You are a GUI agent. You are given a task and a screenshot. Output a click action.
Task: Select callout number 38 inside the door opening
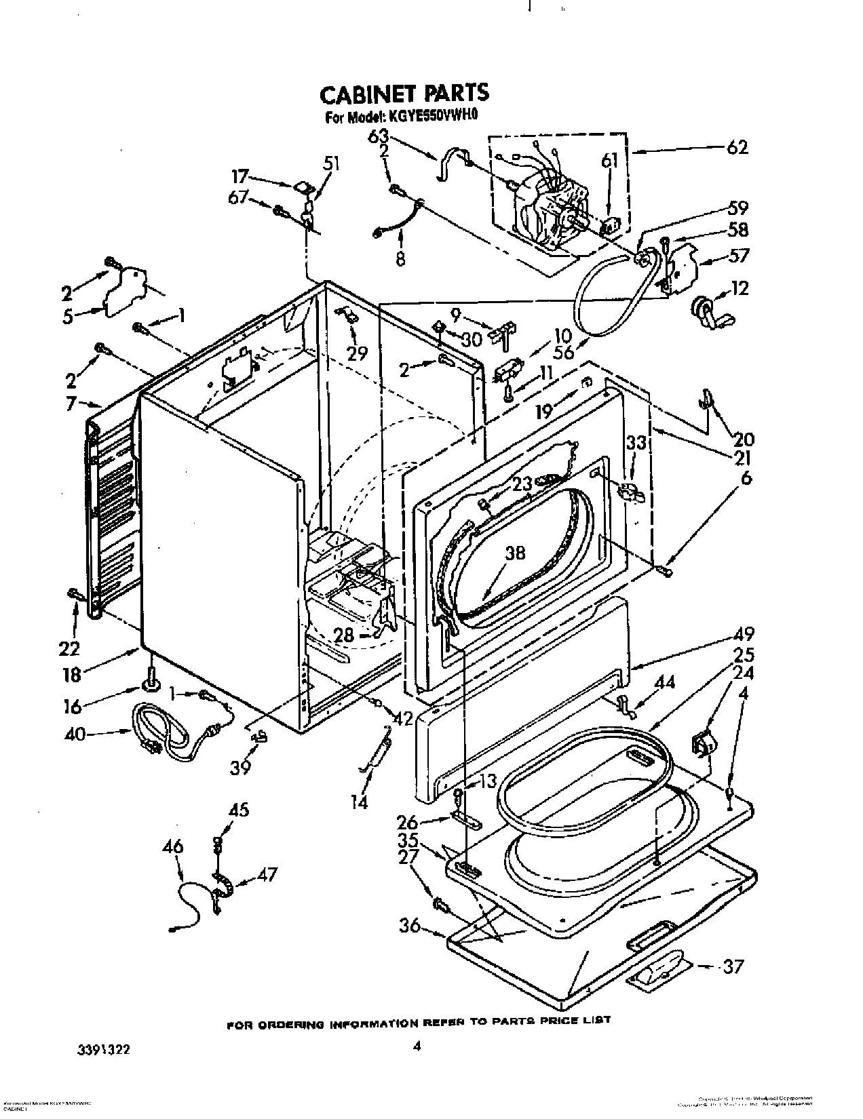tap(515, 553)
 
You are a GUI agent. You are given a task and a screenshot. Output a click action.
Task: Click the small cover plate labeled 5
tap(126, 292)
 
